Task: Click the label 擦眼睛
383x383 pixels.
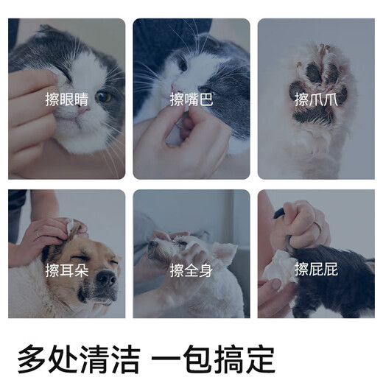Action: (66, 99)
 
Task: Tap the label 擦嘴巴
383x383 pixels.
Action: (191, 99)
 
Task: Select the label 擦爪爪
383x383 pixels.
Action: (315, 99)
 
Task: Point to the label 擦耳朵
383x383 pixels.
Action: (66, 270)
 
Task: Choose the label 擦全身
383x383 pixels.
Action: (191, 270)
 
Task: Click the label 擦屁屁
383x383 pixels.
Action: (315, 270)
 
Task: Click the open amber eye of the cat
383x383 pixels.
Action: (103, 96)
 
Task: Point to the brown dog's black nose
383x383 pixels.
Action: (105, 278)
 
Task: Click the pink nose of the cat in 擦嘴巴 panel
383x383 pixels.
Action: (176, 93)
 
